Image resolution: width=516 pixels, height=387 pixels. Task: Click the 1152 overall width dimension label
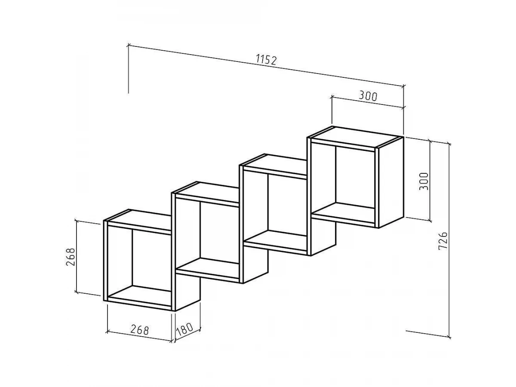pyautogui.click(x=266, y=60)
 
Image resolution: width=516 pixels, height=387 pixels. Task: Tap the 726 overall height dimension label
pyautogui.click(x=443, y=241)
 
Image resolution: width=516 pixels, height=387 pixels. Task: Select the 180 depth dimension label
pyautogui.click(x=184, y=329)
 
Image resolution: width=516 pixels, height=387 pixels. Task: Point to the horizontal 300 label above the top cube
pyautogui.click(x=368, y=96)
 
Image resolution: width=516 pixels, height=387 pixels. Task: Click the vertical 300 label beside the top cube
pyautogui.click(x=424, y=181)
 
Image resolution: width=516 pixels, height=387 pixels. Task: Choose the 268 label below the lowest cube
pyautogui.click(x=139, y=330)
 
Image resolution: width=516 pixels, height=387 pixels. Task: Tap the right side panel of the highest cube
pyautogui.click(x=391, y=182)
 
